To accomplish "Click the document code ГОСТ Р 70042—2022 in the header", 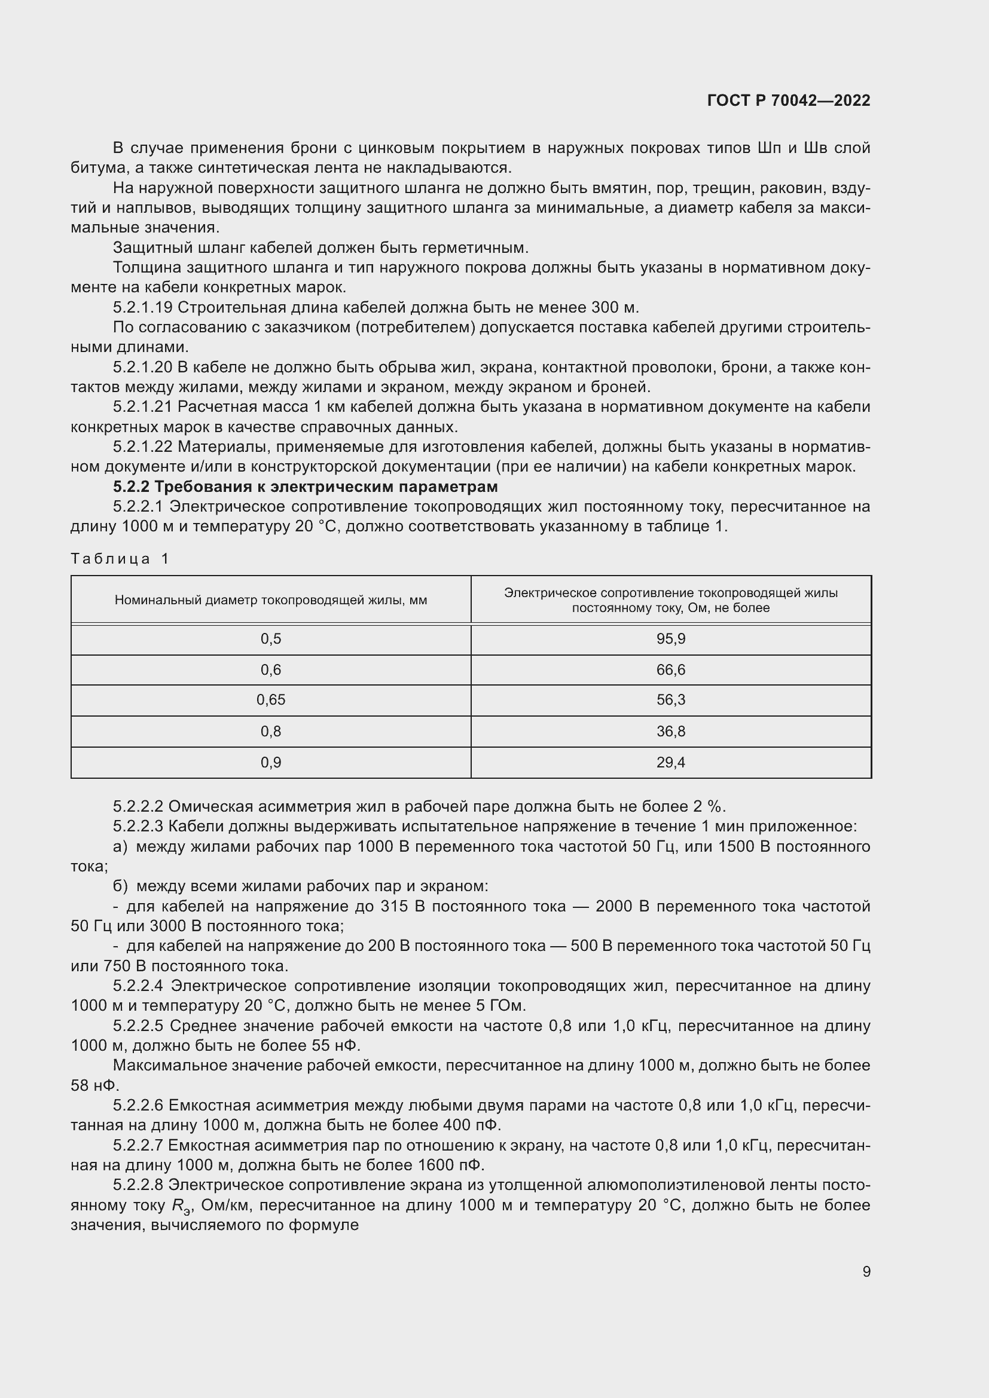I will pyautogui.click(x=789, y=100).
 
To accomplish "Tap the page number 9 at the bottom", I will pyautogui.click(x=866, y=1271).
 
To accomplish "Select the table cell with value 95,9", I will pyautogui.click(x=670, y=639).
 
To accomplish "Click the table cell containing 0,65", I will pyautogui.click(x=270, y=700).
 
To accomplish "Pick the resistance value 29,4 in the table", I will pyautogui.click(x=670, y=762).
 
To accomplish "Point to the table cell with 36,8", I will pyautogui.click(x=670, y=731).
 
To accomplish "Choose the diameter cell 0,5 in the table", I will pyautogui.click(x=270, y=639).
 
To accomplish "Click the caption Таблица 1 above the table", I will pyautogui.click(x=120, y=558).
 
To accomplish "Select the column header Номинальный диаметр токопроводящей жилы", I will pyautogui.click(x=270, y=599).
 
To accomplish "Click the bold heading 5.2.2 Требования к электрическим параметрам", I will pyautogui.click(x=305, y=487).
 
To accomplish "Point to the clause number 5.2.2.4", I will pyautogui.click(x=139, y=986).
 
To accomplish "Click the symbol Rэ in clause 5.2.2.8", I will pyautogui.click(x=181, y=1206).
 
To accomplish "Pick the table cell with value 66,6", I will pyautogui.click(x=670, y=670).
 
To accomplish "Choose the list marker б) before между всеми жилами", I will pyautogui.click(x=121, y=886).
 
